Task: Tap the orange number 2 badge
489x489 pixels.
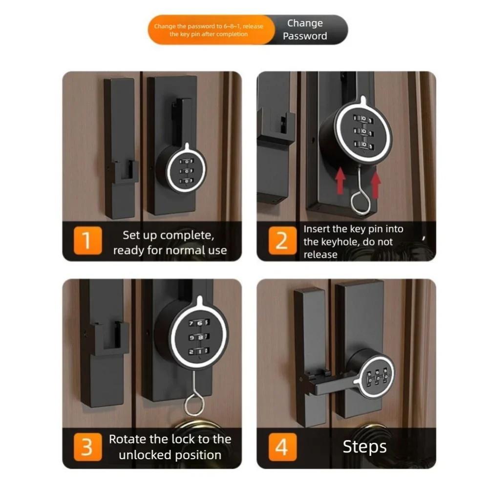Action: [x=281, y=241]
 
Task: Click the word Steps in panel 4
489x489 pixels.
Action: [x=364, y=447]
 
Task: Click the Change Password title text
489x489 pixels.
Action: [x=305, y=30]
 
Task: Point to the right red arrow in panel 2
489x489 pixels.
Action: [x=375, y=184]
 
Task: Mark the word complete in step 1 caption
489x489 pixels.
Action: [x=188, y=235]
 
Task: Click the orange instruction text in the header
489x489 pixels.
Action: [x=209, y=30]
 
